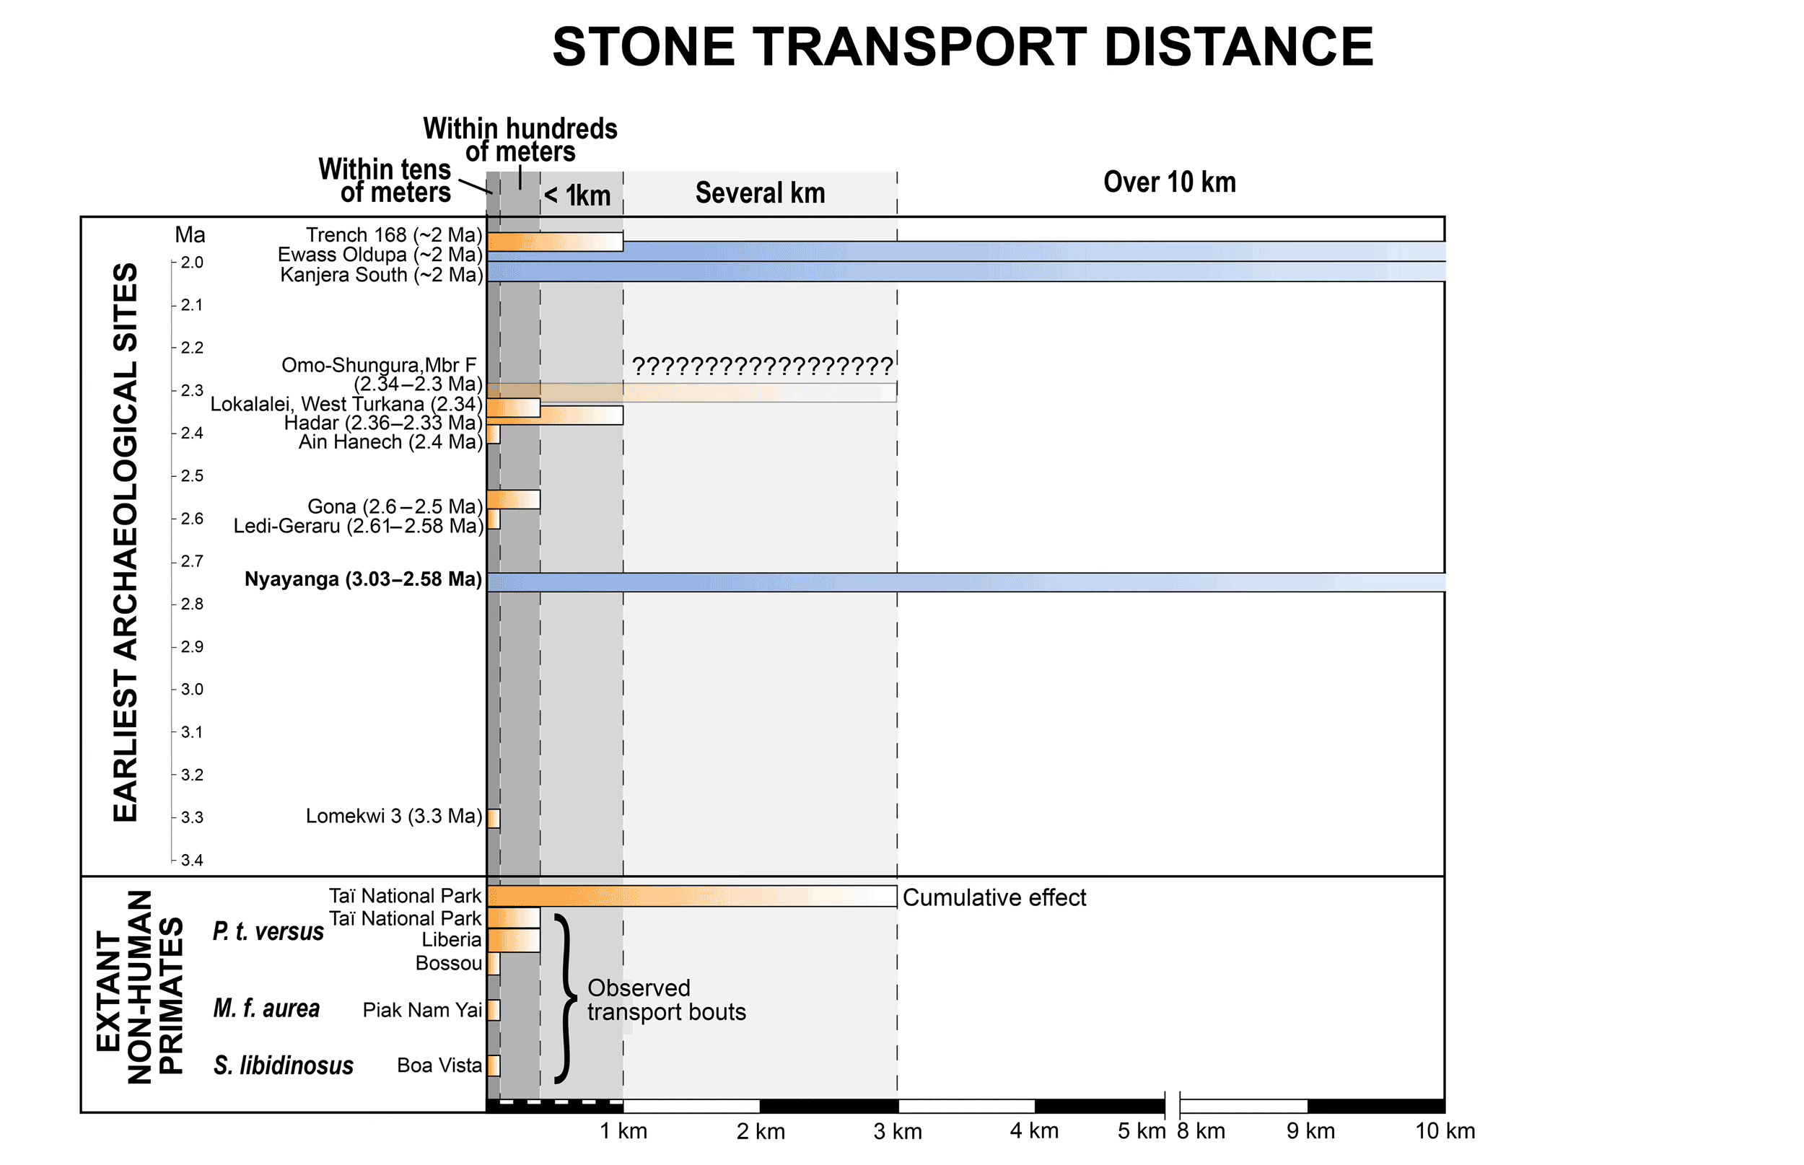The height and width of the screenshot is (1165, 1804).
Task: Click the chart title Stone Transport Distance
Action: pos(962,47)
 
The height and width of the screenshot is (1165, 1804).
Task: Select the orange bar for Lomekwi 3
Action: pos(494,818)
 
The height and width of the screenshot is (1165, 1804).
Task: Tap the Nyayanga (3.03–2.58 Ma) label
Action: pos(362,579)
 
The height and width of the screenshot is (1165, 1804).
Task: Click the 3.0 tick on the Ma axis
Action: pos(191,689)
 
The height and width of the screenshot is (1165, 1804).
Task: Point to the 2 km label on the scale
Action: pos(761,1132)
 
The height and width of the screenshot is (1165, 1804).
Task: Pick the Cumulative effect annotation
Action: pos(994,898)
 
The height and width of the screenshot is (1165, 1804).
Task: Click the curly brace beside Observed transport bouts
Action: pos(564,999)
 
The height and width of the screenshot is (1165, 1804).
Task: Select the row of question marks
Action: pos(761,367)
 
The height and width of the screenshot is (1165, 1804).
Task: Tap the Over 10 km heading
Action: pos(1169,183)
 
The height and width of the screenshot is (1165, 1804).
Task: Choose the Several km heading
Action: pos(760,193)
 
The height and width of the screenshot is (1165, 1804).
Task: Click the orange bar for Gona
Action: pos(513,499)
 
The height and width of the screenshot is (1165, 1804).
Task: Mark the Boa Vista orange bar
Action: pos(494,1065)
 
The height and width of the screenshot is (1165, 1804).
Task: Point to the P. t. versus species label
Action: pos(268,931)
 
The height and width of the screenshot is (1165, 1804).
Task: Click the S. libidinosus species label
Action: pos(283,1065)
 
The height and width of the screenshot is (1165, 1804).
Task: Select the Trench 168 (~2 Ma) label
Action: pos(393,235)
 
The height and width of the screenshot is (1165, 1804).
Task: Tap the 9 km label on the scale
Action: pos(1310,1132)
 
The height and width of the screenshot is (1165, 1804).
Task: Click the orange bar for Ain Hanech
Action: pos(494,434)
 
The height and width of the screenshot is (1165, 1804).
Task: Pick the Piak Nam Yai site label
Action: pos(421,1010)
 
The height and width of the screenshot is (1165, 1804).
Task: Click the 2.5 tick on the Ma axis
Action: pos(191,476)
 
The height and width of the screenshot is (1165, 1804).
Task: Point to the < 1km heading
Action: pos(577,196)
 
